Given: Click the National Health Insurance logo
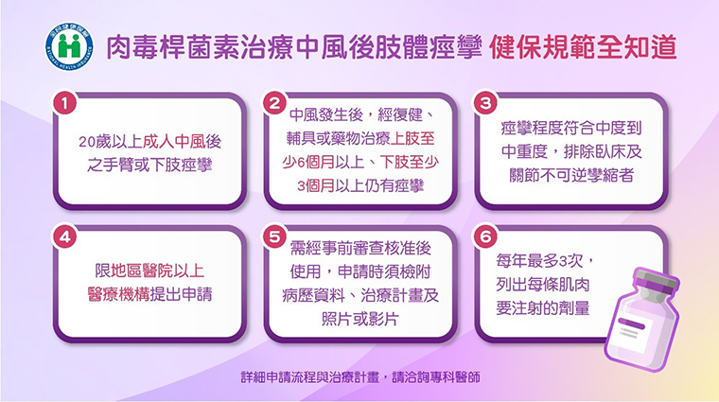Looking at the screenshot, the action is pos(69,46).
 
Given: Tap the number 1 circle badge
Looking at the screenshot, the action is pos(64,103).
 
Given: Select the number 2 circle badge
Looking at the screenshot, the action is pos(274,103).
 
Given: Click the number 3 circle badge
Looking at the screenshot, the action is pos(485,103).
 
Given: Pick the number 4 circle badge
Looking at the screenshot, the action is pos(64,236).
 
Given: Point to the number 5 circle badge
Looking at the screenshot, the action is pos(274,236).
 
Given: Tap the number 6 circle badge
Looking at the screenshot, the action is pos(485,236).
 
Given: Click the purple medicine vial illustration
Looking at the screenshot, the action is pos(642,320).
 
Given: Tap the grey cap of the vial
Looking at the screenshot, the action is pos(656,280).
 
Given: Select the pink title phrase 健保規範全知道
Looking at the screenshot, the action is pos(583,46).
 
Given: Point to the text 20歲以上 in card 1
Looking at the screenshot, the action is pos(111,142).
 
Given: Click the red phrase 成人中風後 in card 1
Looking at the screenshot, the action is pos(182,142).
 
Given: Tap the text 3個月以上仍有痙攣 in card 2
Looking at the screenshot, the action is pos(360,186).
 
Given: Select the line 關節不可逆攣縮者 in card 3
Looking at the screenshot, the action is pos(571,175).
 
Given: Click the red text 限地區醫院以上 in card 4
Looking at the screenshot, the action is pos(149,271).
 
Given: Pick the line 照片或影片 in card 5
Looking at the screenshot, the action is pos(359,319).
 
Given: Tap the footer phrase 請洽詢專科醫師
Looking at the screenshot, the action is pos(436,377).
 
